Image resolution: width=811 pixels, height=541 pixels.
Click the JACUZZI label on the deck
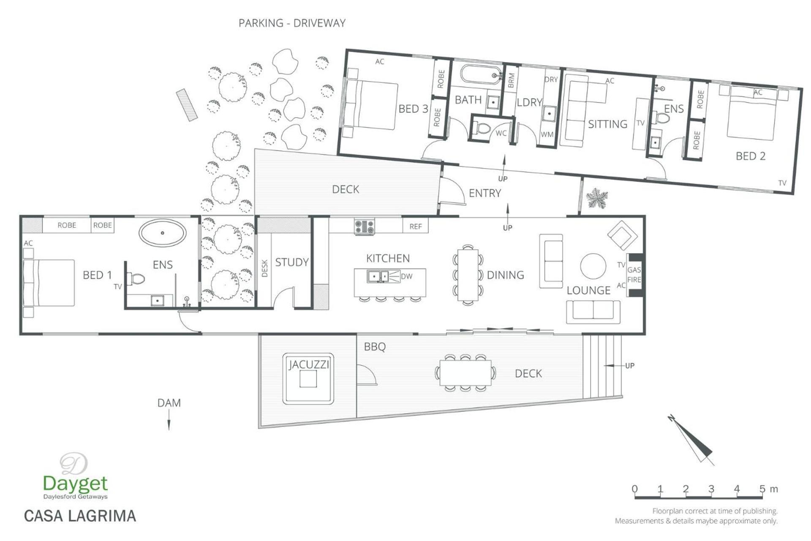[x=309, y=364]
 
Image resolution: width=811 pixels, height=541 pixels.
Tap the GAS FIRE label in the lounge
[x=634, y=275]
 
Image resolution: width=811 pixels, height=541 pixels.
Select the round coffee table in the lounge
[x=593, y=266]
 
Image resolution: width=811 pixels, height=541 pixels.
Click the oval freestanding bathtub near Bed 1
[x=163, y=232]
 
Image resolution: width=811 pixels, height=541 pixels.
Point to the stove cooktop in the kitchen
[x=364, y=227]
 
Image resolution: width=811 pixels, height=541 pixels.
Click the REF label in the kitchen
[x=416, y=227]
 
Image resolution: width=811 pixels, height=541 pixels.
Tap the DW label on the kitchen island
[x=406, y=276]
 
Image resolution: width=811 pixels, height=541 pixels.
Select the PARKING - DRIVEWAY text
[x=292, y=23]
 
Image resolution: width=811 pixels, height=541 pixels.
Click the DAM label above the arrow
[x=169, y=403]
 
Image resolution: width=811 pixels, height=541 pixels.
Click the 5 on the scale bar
[x=762, y=489]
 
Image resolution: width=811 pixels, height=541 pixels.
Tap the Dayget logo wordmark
[x=75, y=483]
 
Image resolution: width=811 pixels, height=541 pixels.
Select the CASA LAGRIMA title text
[x=80, y=516]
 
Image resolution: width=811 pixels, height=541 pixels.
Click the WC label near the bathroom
[x=501, y=134]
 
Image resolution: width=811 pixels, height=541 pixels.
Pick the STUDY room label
[x=292, y=262]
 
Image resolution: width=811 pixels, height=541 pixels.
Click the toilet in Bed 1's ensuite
[x=136, y=279]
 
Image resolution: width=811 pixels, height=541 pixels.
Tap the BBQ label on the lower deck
[x=375, y=347]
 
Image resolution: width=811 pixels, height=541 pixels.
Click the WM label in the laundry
[x=547, y=134]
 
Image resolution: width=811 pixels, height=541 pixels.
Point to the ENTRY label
[x=485, y=193]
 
